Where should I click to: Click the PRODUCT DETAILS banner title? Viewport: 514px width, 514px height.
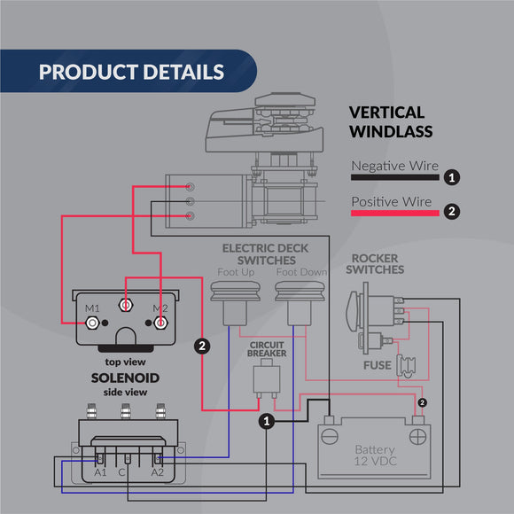pyautogui.click(x=131, y=72)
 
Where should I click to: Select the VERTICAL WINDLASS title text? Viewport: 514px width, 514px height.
pyautogui.click(x=391, y=122)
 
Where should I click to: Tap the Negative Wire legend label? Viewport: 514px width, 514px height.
pyautogui.click(x=394, y=166)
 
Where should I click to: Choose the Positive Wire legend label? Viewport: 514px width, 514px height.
pyautogui.click(x=391, y=201)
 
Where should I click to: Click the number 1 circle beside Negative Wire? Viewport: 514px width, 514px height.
pyautogui.click(x=452, y=177)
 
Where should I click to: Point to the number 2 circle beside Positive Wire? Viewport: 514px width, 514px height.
pyautogui.click(x=452, y=212)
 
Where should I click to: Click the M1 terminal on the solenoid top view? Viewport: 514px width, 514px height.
pyautogui.click(x=90, y=322)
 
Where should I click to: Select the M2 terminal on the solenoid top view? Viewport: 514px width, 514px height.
pyautogui.click(x=160, y=322)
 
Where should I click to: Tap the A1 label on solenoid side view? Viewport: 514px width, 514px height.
pyautogui.click(x=100, y=473)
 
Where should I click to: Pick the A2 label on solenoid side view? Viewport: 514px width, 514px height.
pyautogui.click(x=158, y=473)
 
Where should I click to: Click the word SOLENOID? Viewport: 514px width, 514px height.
pyautogui.click(x=125, y=378)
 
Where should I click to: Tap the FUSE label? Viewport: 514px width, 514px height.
pyautogui.click(x=377, y=365)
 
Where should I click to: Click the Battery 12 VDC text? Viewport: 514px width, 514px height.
pyautogui.click(x=374, y=456)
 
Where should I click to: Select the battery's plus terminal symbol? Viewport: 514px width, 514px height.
pyautogui.click(x=417, y=435)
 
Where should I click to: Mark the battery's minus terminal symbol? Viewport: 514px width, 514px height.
pyautogui.click(x=331, y=435)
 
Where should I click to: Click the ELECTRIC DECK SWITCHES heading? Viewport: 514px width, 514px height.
pyautogui.click(x=259, y=254)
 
